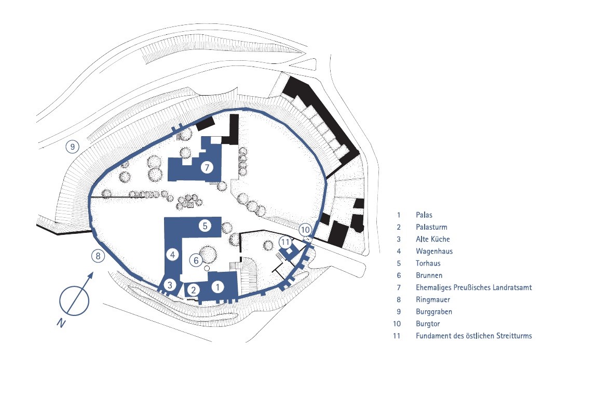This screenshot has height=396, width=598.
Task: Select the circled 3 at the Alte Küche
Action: (170, 285)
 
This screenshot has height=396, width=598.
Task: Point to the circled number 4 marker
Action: (173, 254)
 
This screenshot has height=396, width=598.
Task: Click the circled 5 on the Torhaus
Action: (205, 226)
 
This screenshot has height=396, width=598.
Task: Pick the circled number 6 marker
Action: (196, 260)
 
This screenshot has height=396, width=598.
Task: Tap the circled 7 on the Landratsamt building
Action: (207, 167)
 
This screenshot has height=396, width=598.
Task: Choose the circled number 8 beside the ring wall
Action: (98, 256)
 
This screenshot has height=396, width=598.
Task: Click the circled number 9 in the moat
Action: (73, 147)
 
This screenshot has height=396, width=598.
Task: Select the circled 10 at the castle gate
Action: (305, 230)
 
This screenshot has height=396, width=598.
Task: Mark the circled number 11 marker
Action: (285, 242)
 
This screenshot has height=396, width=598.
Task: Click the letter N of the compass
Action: (61, 323)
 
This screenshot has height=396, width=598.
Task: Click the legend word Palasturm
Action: (431, 227)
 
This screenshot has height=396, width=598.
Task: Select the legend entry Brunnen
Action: (429, 275)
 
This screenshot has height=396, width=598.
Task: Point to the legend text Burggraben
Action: (433, 312)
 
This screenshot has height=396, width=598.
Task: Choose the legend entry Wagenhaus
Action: (434, 252)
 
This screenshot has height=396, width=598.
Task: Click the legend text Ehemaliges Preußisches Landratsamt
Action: (473, 287)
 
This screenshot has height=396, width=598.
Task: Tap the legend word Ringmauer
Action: (432, 300)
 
